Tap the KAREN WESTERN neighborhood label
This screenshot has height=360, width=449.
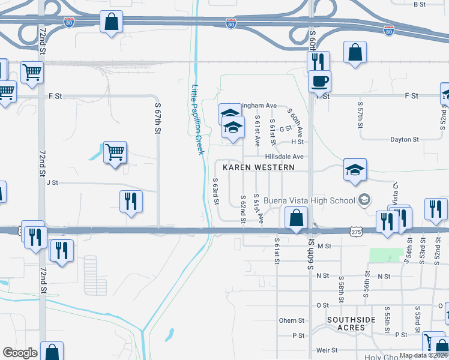259,167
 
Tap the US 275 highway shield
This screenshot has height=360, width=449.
357,231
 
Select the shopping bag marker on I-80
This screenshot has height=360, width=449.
112,22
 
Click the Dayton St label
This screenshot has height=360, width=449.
404,140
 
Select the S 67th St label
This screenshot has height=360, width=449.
158,118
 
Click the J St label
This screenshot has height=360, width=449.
52,182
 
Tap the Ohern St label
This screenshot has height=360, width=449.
292,320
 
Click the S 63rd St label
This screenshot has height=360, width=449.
215,190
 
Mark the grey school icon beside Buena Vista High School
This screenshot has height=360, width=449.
364,199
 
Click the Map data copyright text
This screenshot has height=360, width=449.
423,355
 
